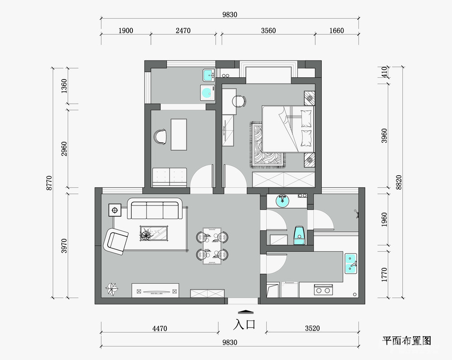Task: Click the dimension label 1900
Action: tap(126, 31)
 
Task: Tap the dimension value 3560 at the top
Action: tap(268, 31)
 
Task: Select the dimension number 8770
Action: tap(49, 183)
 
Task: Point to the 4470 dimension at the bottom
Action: tap(160, 328)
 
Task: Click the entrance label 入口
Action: tap(245, 324)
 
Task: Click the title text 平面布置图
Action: tap(407, 341)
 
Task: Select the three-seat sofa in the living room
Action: tap(155, 209)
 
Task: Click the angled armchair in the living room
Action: tap(116, 241)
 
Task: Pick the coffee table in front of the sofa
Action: tap(154, 233)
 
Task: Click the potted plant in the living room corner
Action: tap(112, 289)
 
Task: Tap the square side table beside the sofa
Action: tap(115, 210)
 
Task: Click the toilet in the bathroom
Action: tap(299, 236)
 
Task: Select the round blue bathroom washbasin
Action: tap(282, 201)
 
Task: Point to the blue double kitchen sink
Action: tap(351, 263)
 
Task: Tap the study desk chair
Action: tap(160, 136)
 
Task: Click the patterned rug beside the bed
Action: tap(267, 145)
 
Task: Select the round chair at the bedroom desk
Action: tap(239, 101)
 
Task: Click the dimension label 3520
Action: tap(312, 328)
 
